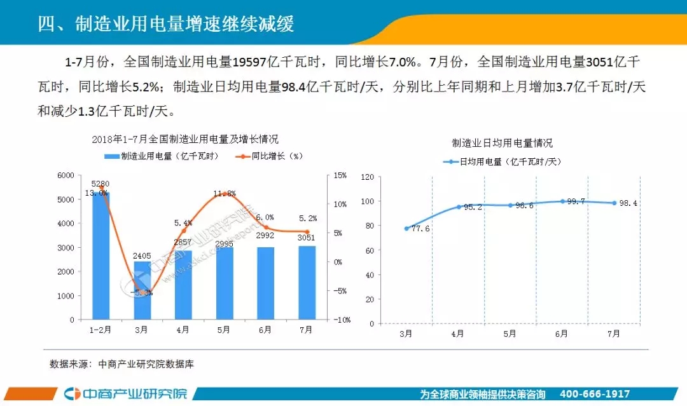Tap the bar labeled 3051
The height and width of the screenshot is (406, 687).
coord(307,283)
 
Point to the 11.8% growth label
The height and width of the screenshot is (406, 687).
coord(225,194)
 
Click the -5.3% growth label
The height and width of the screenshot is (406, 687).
coord(141,292)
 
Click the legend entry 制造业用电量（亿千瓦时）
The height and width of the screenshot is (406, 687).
coord(162,156)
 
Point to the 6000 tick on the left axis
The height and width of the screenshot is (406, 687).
coord(66,175)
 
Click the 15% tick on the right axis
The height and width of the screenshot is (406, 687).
coord(340,175)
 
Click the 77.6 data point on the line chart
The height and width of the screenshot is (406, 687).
coord(406,228)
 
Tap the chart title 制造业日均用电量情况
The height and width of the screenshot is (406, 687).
coord(502,143)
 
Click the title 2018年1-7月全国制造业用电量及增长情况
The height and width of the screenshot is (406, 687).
coord(185,139)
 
